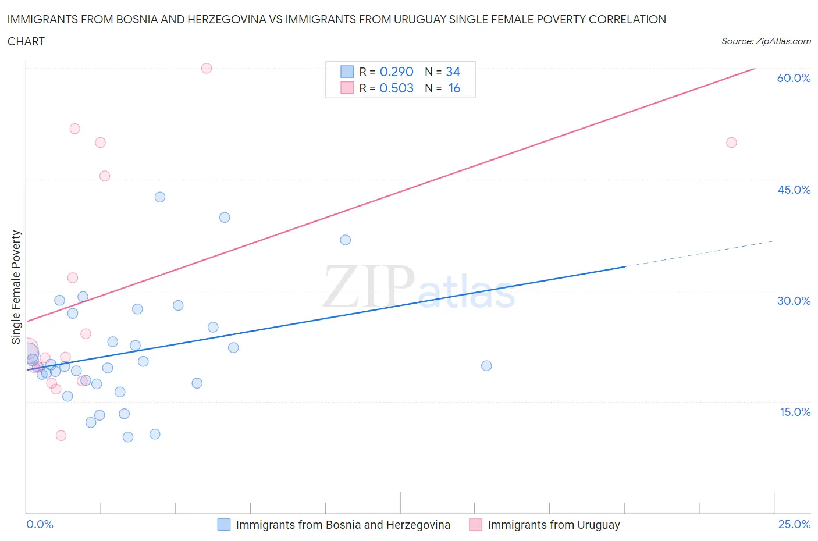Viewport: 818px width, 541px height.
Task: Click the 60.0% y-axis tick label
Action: (x=794, y=78)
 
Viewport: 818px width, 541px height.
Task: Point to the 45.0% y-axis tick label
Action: (x=794, y=190)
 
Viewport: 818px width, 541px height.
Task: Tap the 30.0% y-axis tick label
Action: (x=794, y=301)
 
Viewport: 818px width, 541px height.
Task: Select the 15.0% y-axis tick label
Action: (x=795, y=412)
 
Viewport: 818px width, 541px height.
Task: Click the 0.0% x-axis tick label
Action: (x=40, y=524)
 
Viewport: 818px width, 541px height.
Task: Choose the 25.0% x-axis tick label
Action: (x=794, y=524)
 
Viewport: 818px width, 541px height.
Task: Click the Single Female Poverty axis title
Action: (x=16, y=287)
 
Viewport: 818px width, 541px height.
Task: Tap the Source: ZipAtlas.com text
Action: (x=766, y=41)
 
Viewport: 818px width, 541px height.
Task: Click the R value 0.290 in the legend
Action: (x=396, y=72)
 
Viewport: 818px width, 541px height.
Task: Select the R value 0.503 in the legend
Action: (x=396, y=88)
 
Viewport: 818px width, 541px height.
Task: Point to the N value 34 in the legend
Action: (x=453, y=72)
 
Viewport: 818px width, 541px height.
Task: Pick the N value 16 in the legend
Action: (x=454, y=88)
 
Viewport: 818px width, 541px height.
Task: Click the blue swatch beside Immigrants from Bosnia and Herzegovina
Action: (x=224, y=525)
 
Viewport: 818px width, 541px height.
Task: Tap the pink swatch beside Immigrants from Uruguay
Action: (x=475, y=525)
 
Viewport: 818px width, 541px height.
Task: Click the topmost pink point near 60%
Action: (x=207, y=68)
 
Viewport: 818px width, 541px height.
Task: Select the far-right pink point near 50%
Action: (x=731, y=143)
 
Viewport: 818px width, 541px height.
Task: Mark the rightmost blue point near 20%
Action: (x=486, y=366)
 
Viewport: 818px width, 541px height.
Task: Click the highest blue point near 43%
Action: (x=160, y=197)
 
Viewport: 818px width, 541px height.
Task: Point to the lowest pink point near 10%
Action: (x=61, y=436)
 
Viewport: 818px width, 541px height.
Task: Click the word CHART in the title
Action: (x=26, y=41)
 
